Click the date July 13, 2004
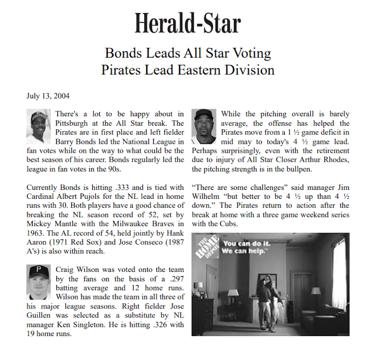point(48,96)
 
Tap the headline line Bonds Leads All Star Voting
point(187,53)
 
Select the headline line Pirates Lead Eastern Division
point(187,70)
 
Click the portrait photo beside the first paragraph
point(38,127)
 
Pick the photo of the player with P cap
point(38,282)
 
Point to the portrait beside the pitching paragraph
point(204,127)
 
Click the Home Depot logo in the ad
point(206,248)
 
